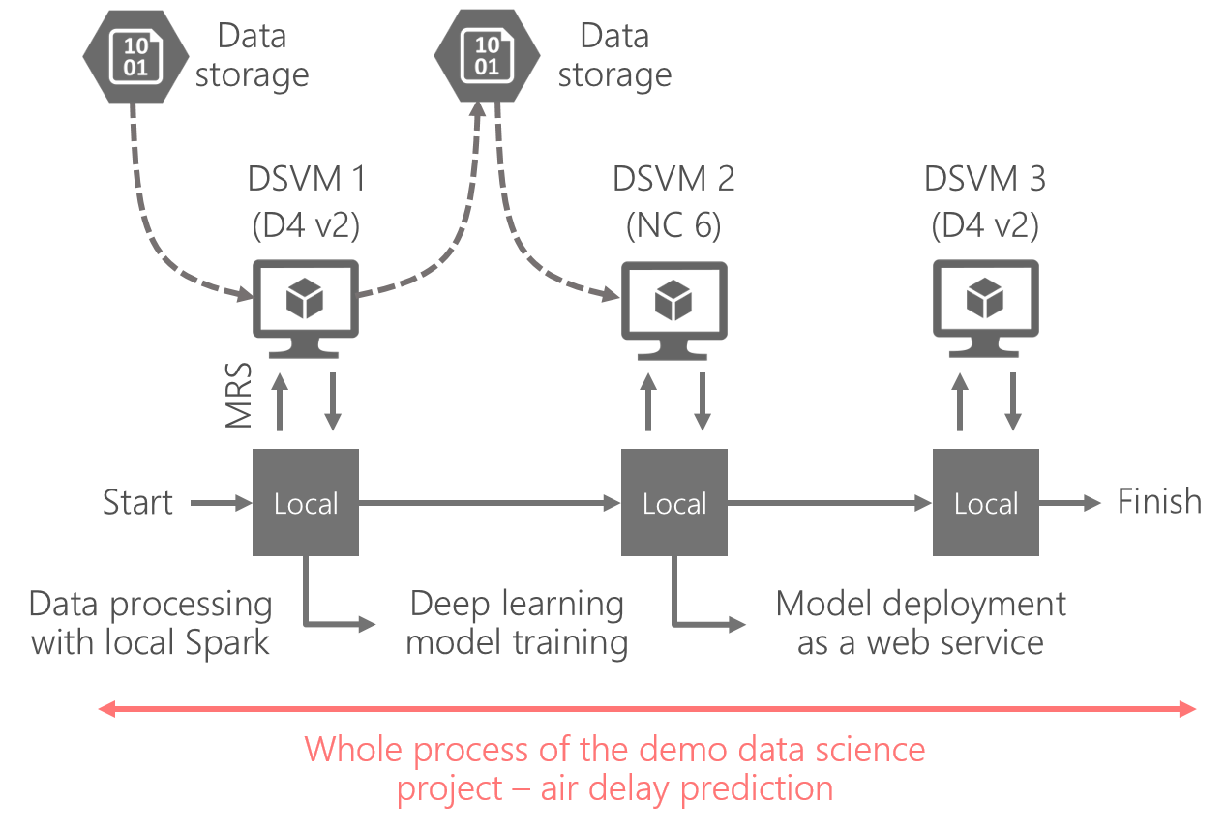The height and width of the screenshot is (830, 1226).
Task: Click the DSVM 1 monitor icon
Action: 306,309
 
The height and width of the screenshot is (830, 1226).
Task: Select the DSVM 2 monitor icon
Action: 673,311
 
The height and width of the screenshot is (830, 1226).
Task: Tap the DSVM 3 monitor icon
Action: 985,309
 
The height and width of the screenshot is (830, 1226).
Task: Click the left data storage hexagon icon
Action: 135,56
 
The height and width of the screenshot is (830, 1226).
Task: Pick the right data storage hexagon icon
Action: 487,55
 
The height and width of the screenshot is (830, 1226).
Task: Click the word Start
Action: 138,502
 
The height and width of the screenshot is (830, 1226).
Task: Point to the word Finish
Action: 1159,501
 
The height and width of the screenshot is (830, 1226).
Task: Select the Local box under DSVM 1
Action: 306,502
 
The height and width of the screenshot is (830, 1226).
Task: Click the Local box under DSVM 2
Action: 673,502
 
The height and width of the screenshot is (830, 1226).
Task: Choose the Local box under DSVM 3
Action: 985,502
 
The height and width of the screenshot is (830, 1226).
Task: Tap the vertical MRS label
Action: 239,395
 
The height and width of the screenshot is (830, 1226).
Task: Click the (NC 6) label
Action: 673,224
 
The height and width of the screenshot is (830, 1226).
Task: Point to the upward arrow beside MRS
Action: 280,402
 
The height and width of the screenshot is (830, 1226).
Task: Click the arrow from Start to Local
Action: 222,503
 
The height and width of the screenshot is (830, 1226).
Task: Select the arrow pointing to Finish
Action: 1069,503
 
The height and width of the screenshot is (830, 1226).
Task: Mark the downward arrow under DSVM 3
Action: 1012,402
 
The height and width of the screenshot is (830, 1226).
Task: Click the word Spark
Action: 227,643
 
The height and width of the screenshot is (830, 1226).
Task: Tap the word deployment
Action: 974,606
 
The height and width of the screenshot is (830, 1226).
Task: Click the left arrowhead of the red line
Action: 106,708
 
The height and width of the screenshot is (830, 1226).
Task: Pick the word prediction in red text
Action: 757,789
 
